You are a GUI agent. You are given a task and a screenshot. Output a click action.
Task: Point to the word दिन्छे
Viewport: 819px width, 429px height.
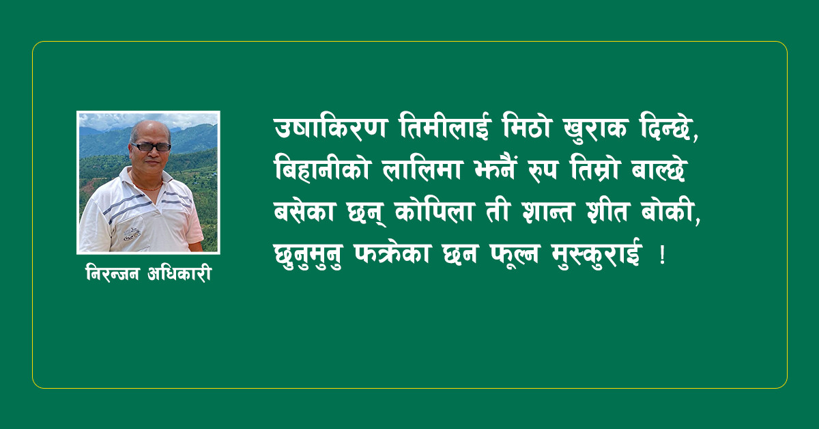667,128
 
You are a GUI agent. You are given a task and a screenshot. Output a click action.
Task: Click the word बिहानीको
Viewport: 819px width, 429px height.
322,169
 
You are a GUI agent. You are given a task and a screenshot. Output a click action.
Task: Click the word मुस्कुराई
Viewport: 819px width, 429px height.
597,253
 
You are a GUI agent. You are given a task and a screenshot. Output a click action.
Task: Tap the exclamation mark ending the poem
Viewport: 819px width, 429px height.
662,255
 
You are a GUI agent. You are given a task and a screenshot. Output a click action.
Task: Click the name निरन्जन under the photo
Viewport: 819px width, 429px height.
113,273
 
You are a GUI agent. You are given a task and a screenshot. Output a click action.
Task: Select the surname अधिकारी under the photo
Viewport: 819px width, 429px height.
179,273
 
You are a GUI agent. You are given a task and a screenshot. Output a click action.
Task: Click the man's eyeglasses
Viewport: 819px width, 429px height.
151,147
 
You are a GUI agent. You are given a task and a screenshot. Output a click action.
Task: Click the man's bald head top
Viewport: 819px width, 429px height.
150,126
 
